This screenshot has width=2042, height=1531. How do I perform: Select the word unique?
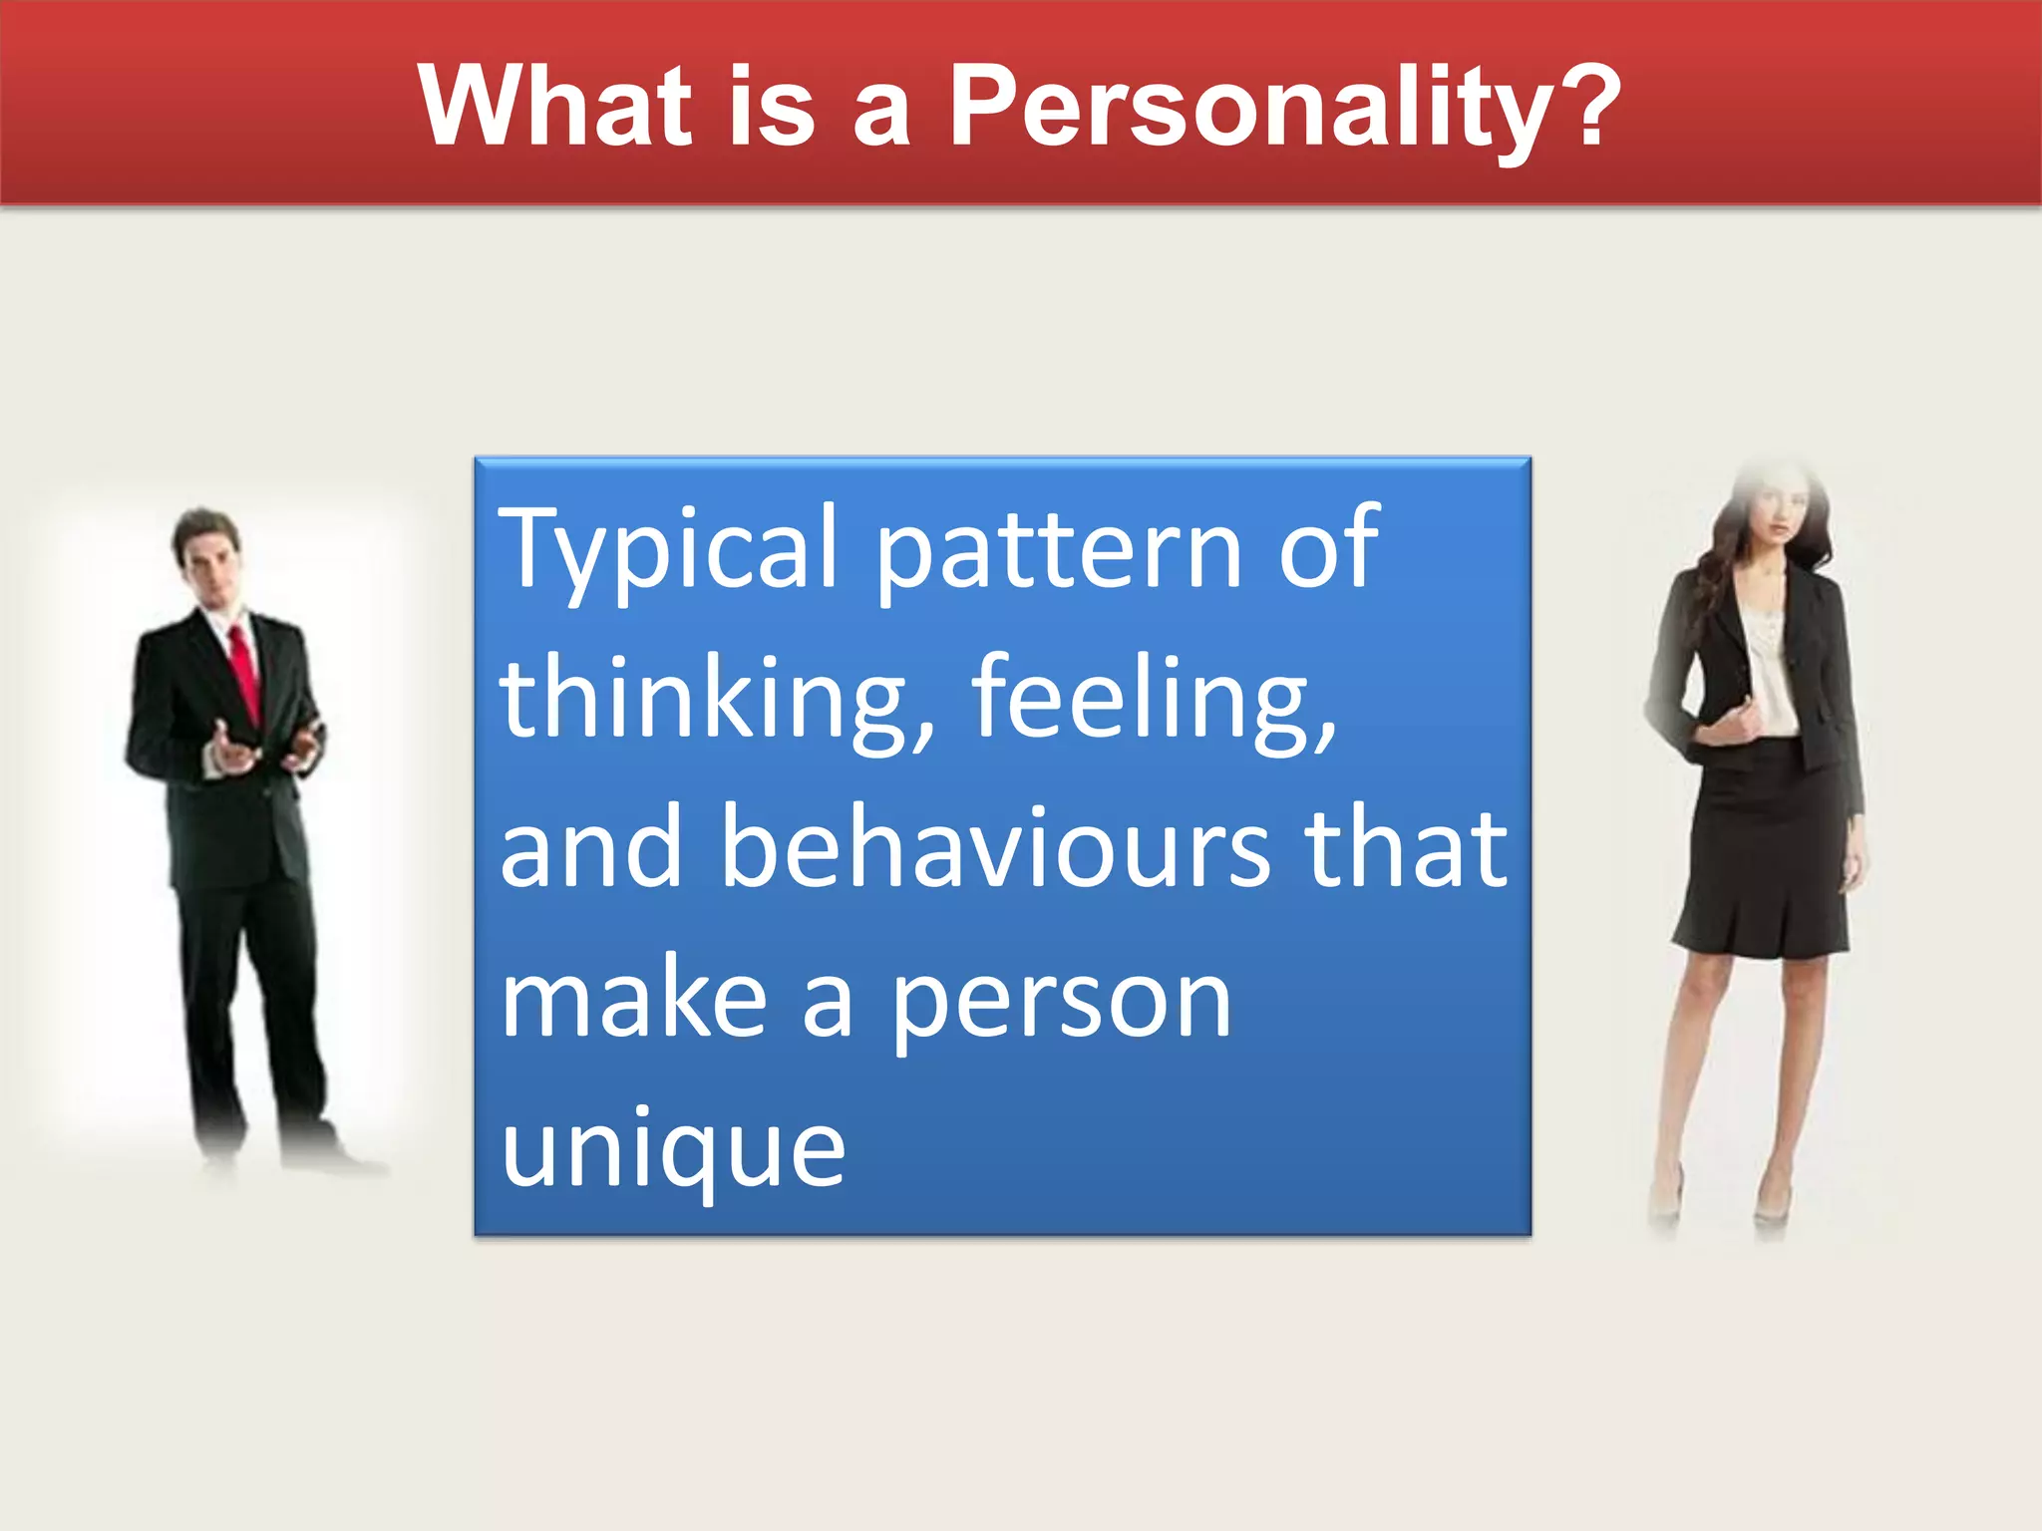[x=673, y=1150]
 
